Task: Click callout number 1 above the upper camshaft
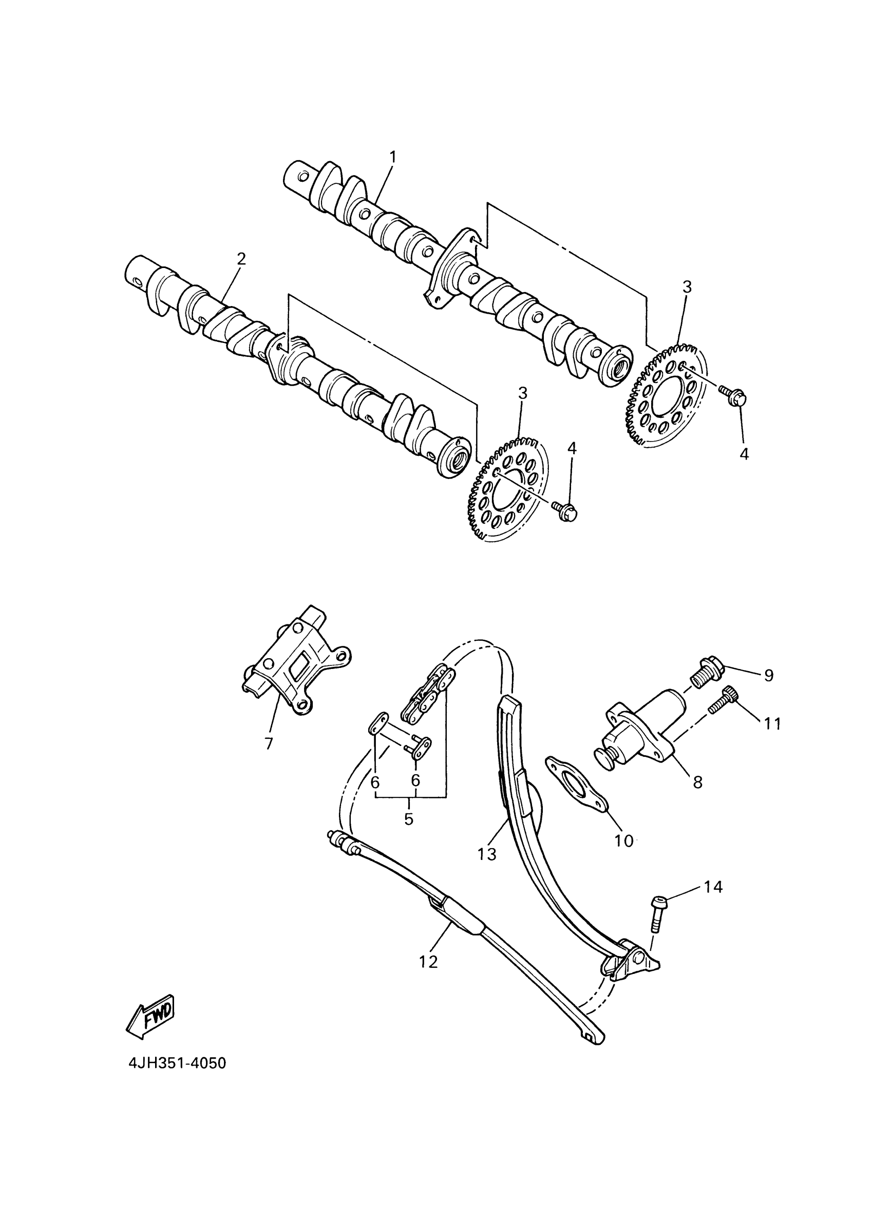pos(393,157)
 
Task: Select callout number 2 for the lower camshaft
pos(242,259)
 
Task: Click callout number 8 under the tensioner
pos(697,781)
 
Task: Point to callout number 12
pos(428,962)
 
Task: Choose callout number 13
pos(486,854)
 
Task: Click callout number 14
pos(713,887)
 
